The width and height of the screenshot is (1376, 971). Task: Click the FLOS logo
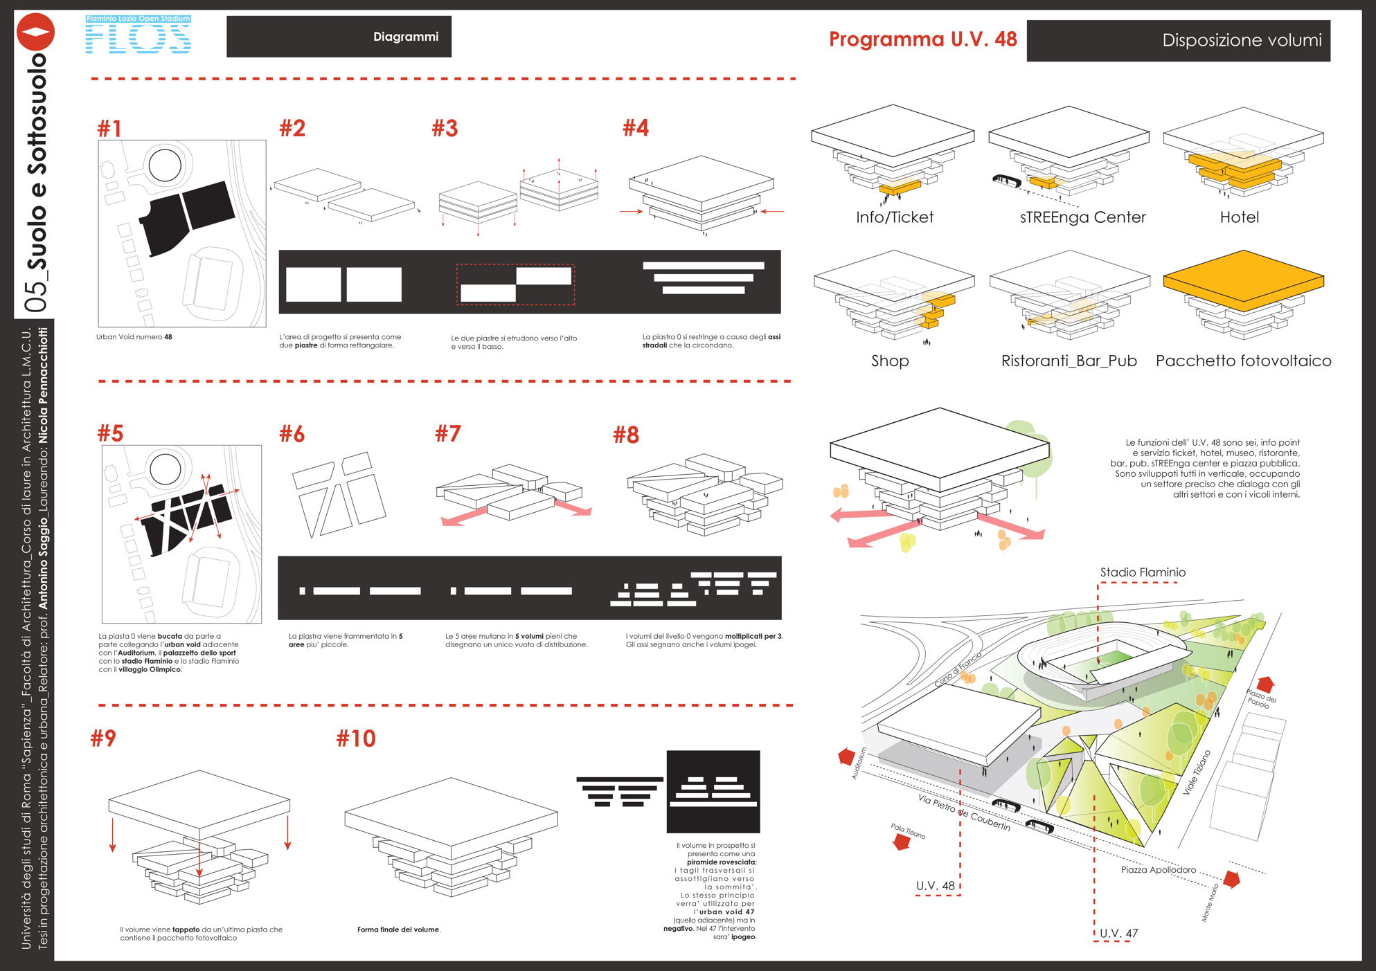click(x=138, y=35)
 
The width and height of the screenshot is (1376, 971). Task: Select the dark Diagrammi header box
click(x=339, y=37)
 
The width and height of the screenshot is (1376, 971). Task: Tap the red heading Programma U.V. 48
click(x=922, y=39)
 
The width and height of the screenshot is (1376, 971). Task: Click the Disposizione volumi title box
click(x=1178, y=41)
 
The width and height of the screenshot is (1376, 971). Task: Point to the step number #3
click(x=445, y=129)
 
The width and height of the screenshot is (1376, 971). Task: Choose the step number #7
click(x=447, y=434)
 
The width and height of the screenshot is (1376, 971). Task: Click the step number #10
click(x=356, y=738)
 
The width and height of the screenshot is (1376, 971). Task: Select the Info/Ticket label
click(x=894, y=217)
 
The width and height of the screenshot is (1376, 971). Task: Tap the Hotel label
click(x=1239, y=217)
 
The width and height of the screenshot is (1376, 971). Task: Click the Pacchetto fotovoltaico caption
click(x=1243, y=361)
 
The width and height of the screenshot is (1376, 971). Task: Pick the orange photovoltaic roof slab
click(x=1243, y=280)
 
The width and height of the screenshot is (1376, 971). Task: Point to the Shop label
click(x=890, y=361)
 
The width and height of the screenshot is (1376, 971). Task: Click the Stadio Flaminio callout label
click(x=1143, y=572)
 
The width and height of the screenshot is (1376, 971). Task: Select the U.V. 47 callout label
click(x=1118, y=933)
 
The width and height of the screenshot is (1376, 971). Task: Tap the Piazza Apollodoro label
click(x=1158, y=870)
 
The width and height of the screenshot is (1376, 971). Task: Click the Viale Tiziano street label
click(x=1196, y=772)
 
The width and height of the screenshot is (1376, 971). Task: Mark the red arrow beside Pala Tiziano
click(x=901, y=842)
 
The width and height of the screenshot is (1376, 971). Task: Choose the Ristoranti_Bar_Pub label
click(x=1069, y=361)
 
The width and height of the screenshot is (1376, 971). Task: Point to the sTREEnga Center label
click(x=1082, y=217)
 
